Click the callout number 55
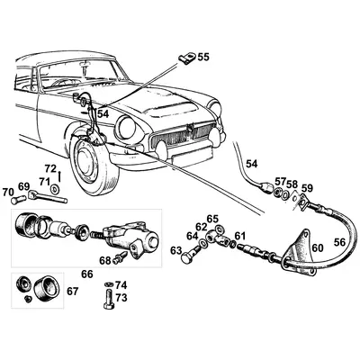[203, 58]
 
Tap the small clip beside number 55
[185, 60]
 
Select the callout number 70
[9, 192]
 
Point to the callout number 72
[51, 169]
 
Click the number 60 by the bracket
[316, 247]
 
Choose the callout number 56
[340, 241]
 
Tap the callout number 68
[104, 261]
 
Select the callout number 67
[73, 291]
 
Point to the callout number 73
[121, 296]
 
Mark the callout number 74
[121, 284]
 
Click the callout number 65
[212, 219]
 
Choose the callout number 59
[307, 188]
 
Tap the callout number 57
[281, 182]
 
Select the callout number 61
[239, 237]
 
